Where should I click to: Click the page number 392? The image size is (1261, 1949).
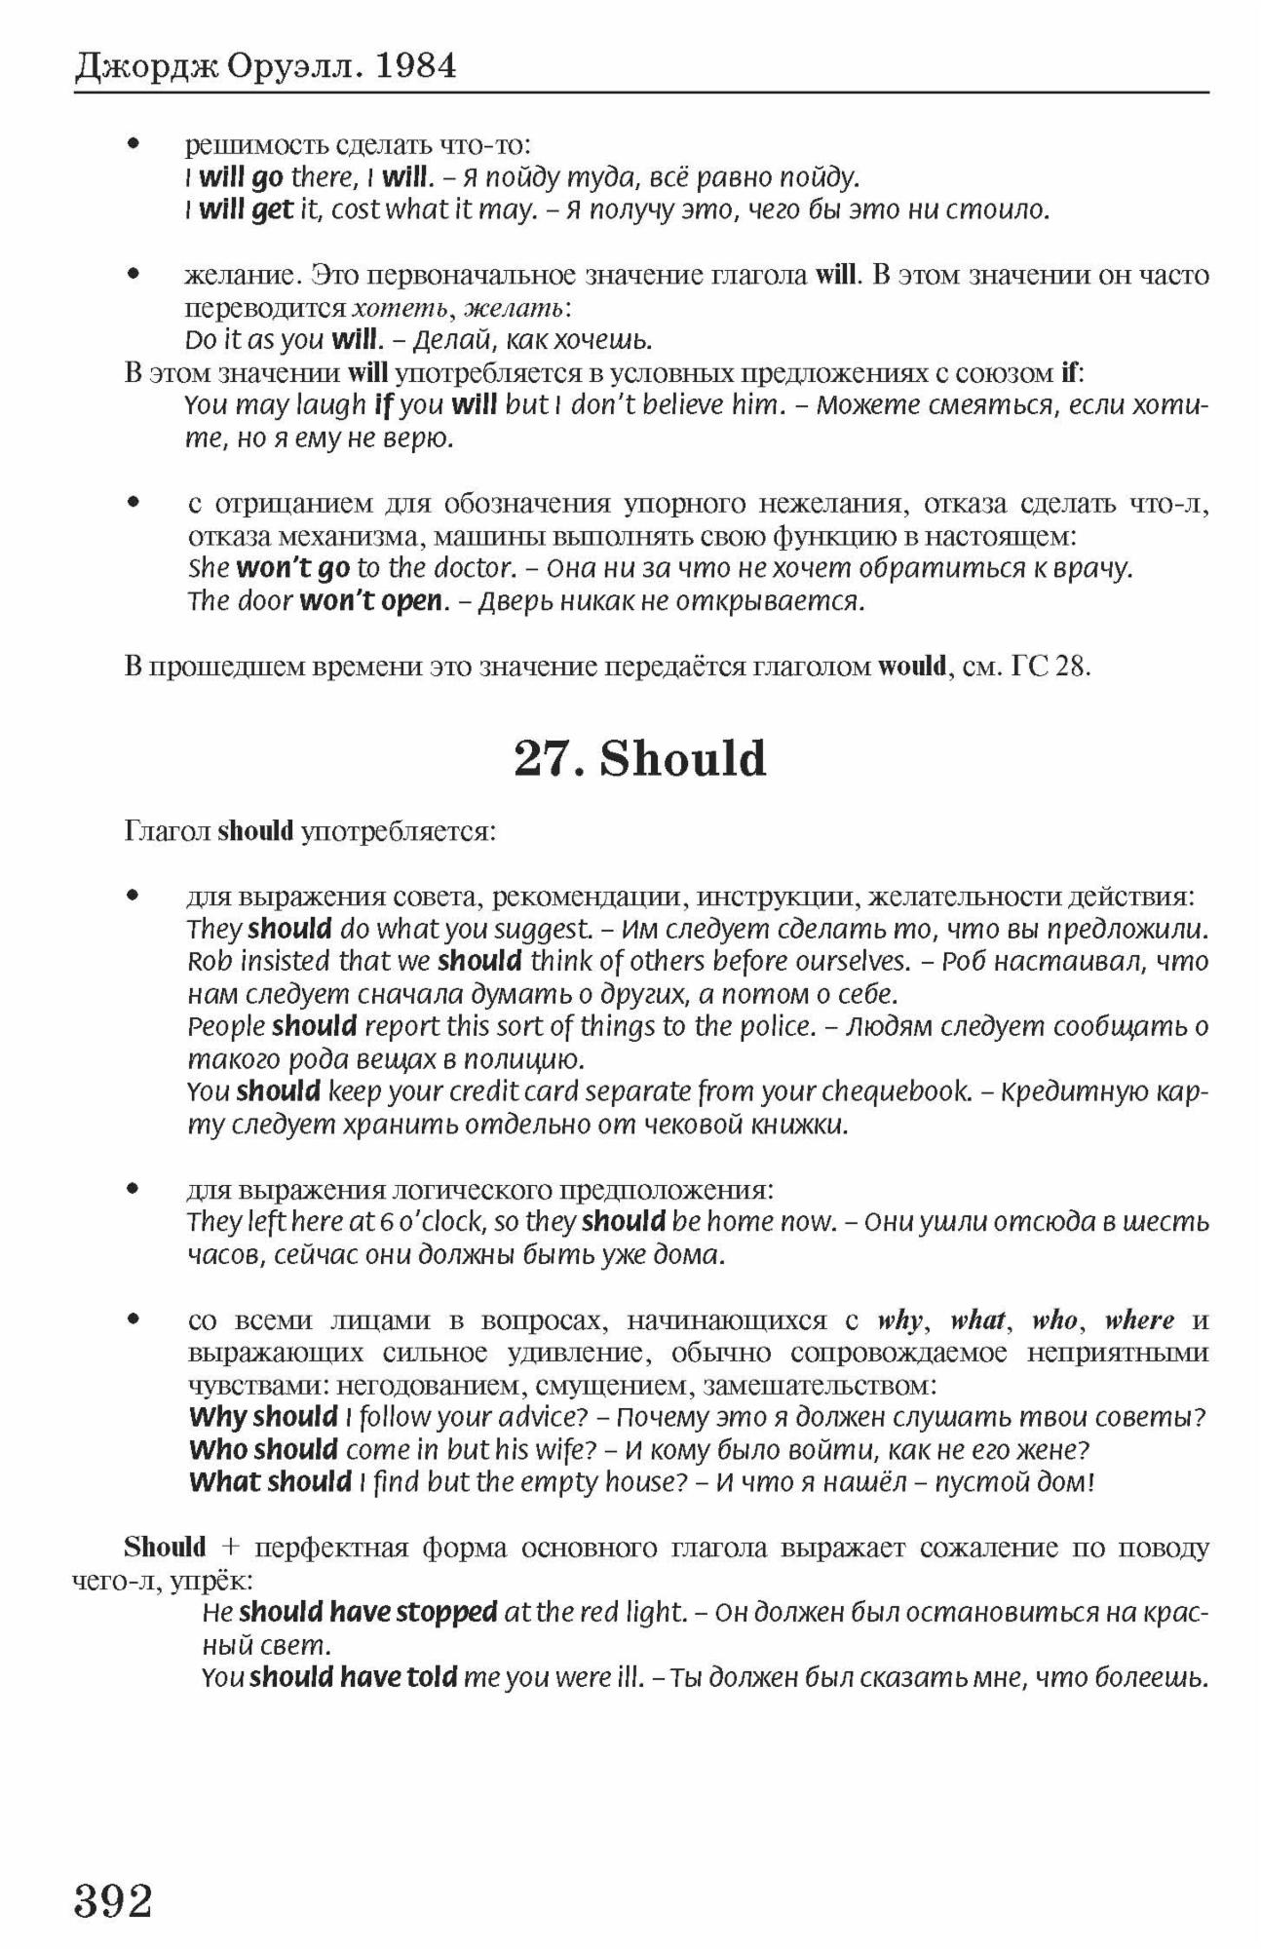(113, 1899)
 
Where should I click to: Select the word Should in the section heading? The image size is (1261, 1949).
(683, 758)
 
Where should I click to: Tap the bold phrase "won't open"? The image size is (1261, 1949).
(370, 601)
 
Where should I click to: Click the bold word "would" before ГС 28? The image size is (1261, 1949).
(912, 668)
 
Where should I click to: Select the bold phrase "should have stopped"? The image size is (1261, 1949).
(368, 1613)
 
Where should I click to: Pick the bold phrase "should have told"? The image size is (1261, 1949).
(353, 1677)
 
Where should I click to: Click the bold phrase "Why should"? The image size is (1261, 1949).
(263, 1417)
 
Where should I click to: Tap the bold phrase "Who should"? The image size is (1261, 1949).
(263, 1450)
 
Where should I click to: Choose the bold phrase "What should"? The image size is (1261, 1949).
(270, 1482)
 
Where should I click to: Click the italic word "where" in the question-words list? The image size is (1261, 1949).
(1139, 1320)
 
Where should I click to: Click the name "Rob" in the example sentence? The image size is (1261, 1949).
(210, 962)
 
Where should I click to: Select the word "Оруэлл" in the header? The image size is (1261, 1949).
(294, 65)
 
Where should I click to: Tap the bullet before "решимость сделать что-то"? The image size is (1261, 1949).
(134, 145)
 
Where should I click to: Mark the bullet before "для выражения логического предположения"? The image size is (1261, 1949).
(134, 1190)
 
